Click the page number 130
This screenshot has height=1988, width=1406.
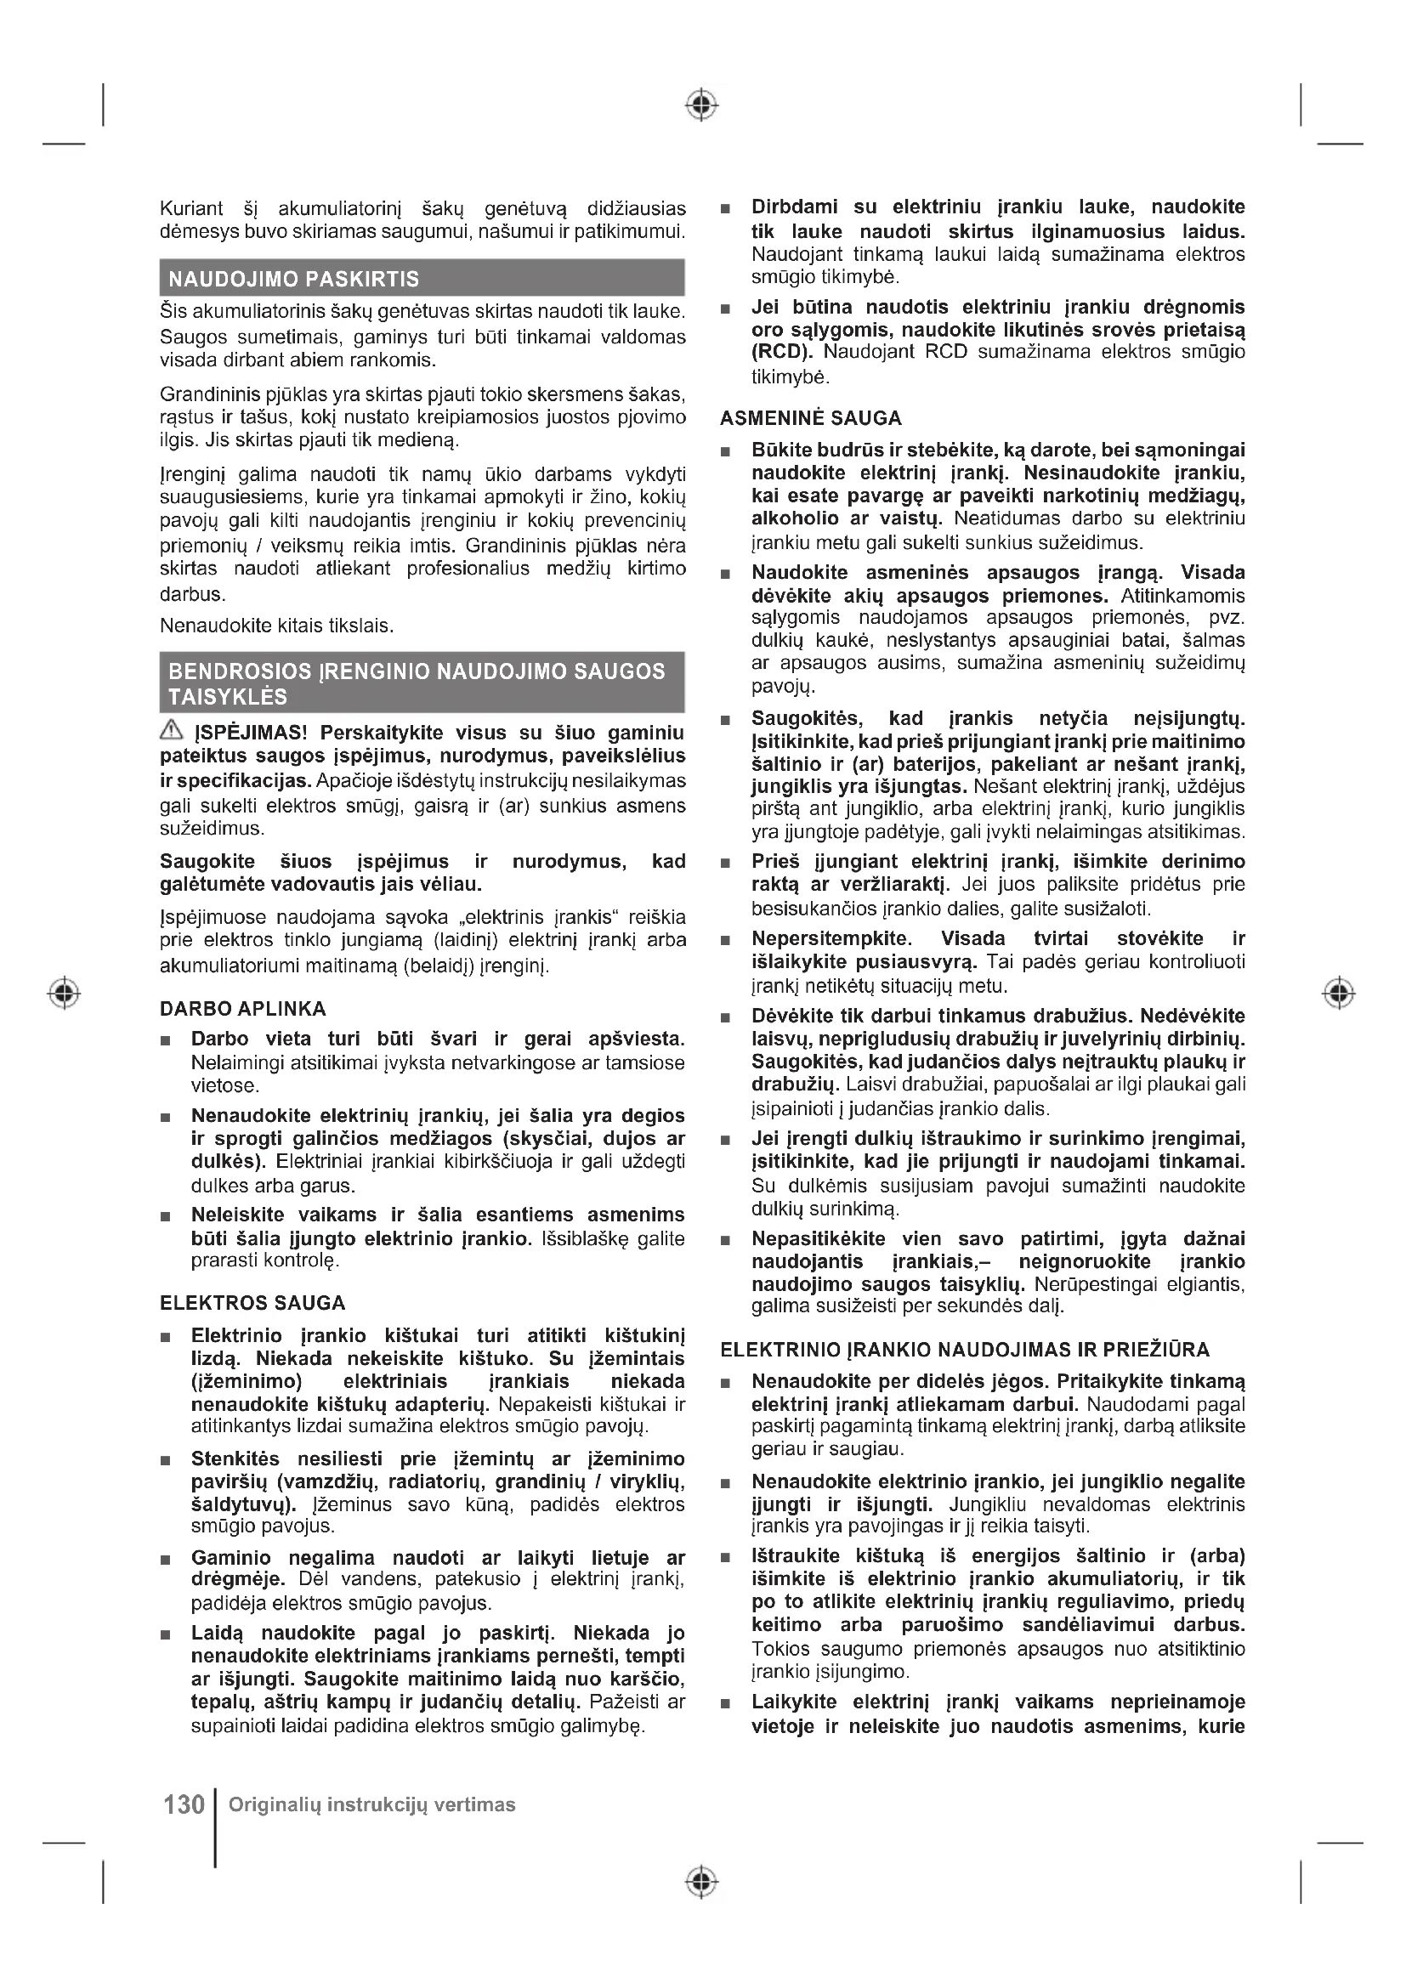coord(184,1804)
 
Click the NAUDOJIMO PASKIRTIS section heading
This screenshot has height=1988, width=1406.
coord(293,279)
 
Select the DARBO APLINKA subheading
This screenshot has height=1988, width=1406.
coord(243,1009)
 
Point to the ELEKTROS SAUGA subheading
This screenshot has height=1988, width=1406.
coord(252,1303)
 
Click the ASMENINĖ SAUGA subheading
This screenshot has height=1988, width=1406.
coord(811,418)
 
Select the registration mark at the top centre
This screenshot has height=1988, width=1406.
coord(701,105)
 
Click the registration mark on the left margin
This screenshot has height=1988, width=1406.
coord(63,992)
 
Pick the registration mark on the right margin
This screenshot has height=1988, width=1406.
coord(1339,992)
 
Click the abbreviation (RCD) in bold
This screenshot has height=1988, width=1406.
coord(783,353)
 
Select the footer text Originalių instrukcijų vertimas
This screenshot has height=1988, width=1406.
coord(372,1804)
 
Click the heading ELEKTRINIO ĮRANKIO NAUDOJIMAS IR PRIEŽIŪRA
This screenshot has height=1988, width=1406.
coord(966,1350)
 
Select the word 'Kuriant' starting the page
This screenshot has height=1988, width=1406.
coord(191,209)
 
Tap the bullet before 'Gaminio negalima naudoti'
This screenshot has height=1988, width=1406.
coord(166,1560)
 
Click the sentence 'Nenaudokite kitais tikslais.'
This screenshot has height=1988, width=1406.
coord(277,626)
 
